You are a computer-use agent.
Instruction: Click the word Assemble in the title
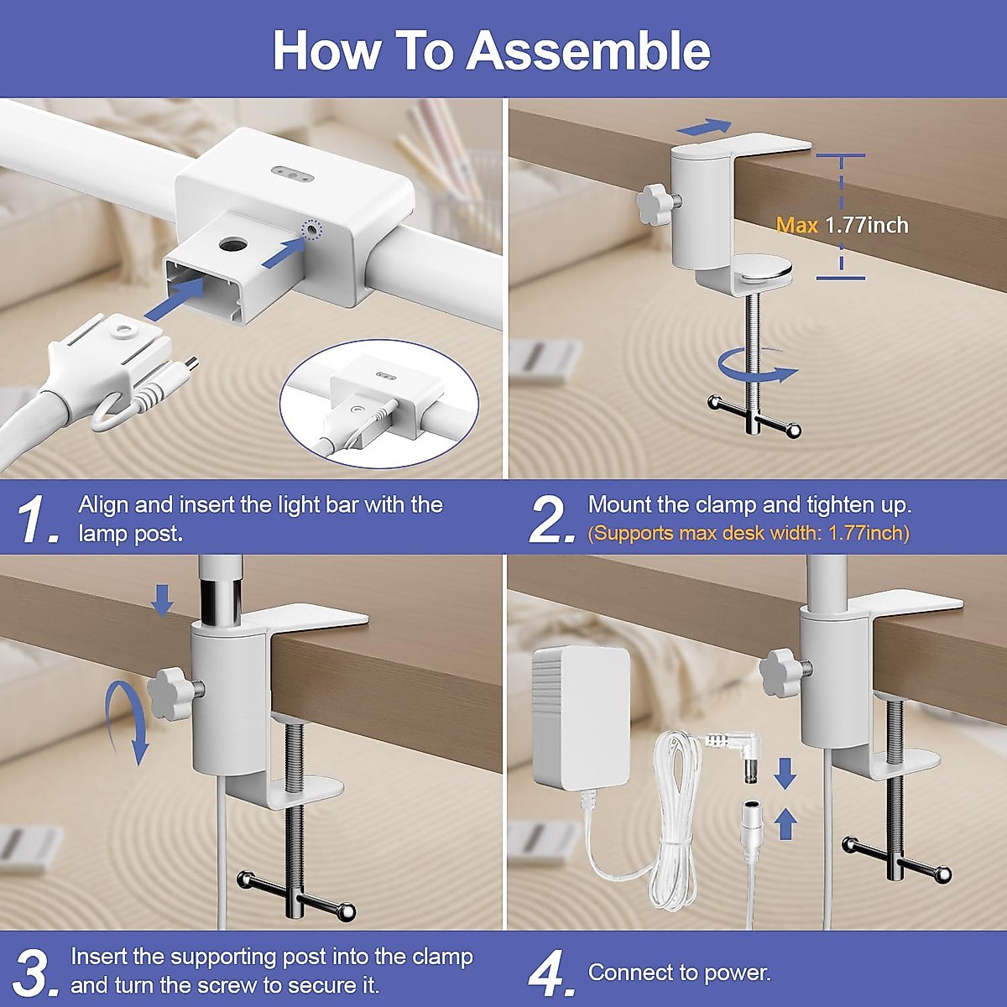(x=588, y=50)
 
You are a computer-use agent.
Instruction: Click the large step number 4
(x=551, y=973)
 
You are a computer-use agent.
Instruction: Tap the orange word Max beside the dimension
(x=797, y=225)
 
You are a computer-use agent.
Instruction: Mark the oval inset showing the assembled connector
(x=379, y=399)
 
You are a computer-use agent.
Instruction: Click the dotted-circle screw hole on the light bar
(x=313, y=229)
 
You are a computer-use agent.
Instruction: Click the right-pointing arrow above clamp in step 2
(x=704, y=126)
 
